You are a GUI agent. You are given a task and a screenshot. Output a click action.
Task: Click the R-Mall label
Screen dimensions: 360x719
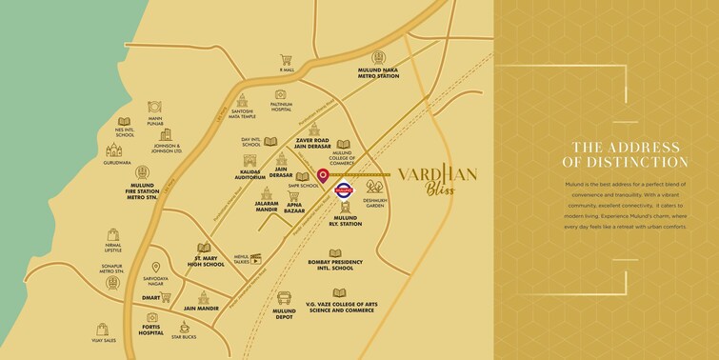pos(287,70)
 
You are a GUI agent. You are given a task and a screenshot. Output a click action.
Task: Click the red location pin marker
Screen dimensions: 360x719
pos(323,176)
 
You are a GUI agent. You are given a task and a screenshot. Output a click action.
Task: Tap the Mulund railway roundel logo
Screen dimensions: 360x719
pos(345,190)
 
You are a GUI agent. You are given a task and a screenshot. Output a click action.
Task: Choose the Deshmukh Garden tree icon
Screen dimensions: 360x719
pos(374,186)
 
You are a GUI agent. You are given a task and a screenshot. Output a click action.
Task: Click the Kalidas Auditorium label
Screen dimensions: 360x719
pos(250,175)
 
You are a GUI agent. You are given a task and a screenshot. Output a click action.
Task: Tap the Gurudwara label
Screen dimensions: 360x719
pos(117,163)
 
